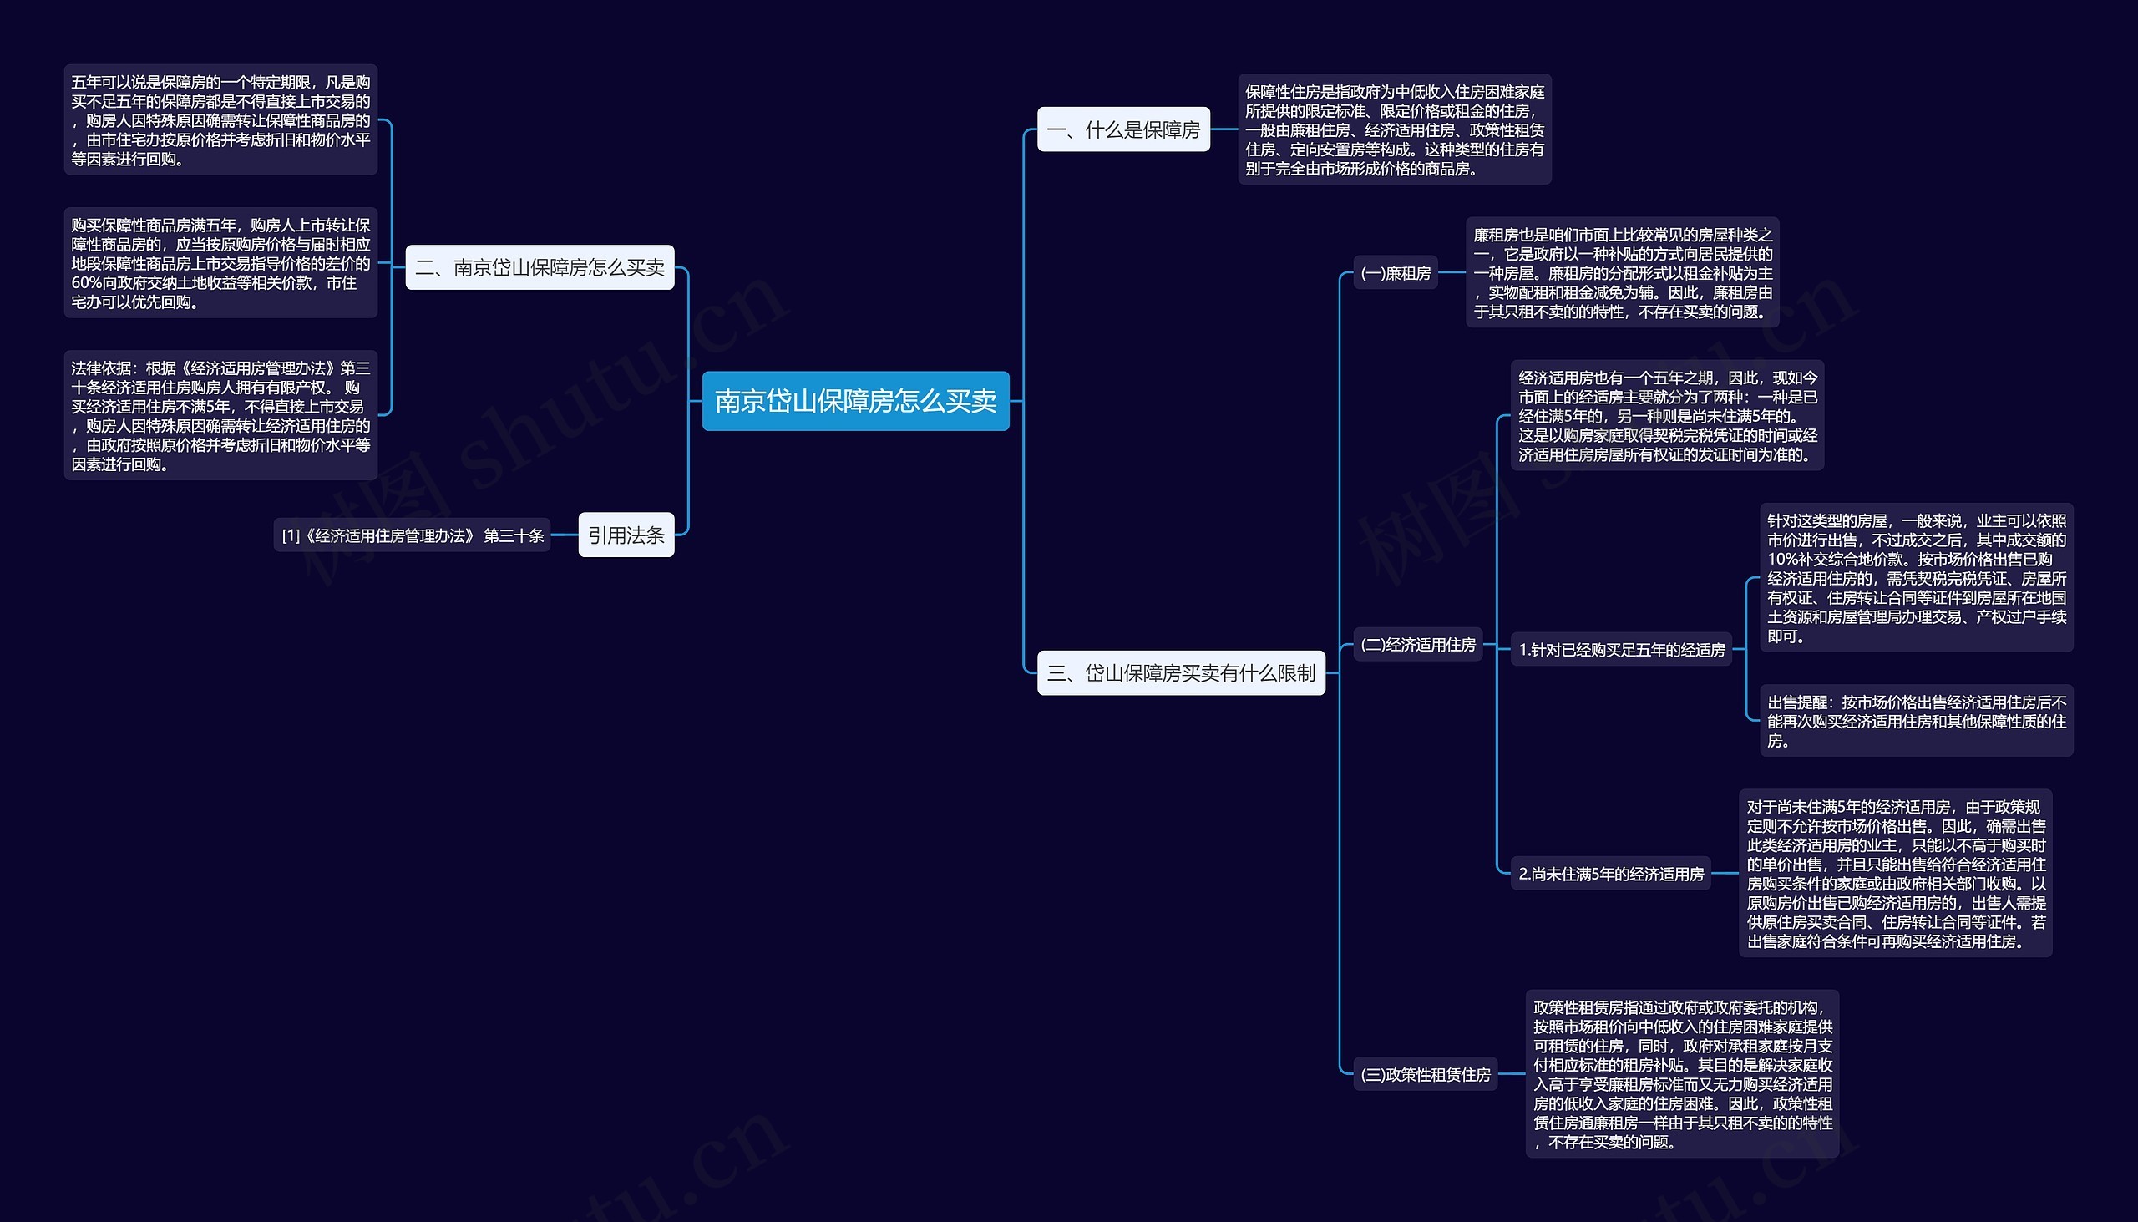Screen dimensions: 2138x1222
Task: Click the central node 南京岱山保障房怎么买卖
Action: tap(855, 401)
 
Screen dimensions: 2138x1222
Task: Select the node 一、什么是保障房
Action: tap(1122, 129)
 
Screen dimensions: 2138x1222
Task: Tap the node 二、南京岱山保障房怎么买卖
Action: tap(540, 268)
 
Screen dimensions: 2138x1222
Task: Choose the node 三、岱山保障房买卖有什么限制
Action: tap(1181, 673)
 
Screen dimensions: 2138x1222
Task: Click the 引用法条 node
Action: tap(626, 535)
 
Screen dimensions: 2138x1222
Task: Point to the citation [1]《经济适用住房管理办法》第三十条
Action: tap(412, 535)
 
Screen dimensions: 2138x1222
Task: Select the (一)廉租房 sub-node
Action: tap(1396, 273)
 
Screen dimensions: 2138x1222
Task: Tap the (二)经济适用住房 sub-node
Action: tap(1417, 645)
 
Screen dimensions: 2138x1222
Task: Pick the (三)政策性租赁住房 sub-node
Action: tap(1425, 1074)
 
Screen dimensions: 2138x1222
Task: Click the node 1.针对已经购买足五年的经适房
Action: tap(1621, 650)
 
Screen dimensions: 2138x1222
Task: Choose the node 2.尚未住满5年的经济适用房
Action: tap(1610, 874)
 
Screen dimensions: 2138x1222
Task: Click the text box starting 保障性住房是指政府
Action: tap(1394, 130)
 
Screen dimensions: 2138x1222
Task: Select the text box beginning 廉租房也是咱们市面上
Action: tap(1622, 273)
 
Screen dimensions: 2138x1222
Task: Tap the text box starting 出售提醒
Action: tap(1916, 721)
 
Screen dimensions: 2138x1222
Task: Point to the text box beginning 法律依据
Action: tap(220, 415)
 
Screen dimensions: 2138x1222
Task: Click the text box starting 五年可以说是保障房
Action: tap(220, 120)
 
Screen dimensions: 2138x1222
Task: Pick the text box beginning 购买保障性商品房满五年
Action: tap(220, 263)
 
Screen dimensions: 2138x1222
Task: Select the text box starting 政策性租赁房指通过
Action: tap(1681, 1074)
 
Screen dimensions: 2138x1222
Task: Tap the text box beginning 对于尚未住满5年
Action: tap(1896, 874)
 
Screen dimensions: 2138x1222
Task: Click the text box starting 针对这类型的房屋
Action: tap(1916, 578)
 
